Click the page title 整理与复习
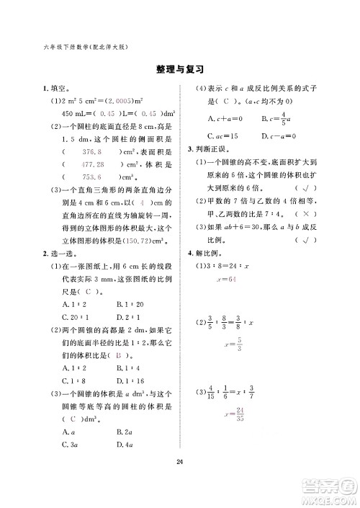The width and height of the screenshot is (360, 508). click(x=179, y=71)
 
